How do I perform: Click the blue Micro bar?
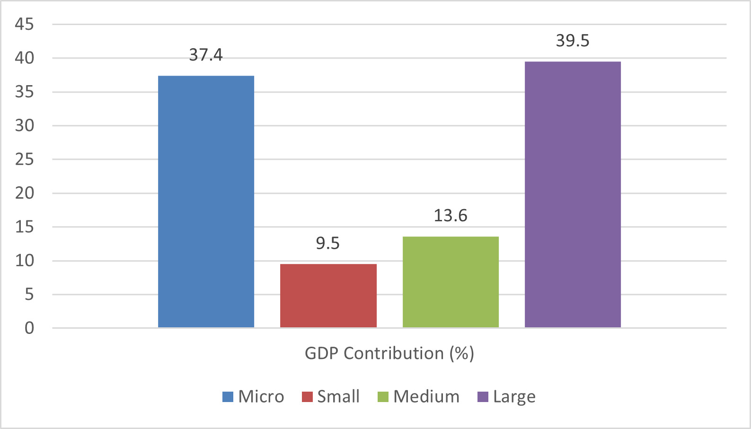206,201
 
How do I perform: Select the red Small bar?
328,296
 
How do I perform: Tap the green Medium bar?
451,282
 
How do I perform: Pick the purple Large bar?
573,194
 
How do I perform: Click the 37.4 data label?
206,55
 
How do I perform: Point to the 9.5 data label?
328,244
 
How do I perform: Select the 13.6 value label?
451,216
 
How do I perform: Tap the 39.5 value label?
573,41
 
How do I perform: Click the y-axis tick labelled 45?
25,24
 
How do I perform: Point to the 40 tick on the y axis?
25,58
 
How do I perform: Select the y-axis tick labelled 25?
25,159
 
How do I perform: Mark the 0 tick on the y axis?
29,328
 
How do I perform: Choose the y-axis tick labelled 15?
25,227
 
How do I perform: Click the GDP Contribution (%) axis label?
389,354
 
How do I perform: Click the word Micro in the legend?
261,396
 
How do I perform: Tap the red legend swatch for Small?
308,397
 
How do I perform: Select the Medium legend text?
426,396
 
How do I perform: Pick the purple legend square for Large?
483,397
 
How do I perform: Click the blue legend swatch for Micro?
228,397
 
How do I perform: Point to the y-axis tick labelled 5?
29,295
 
